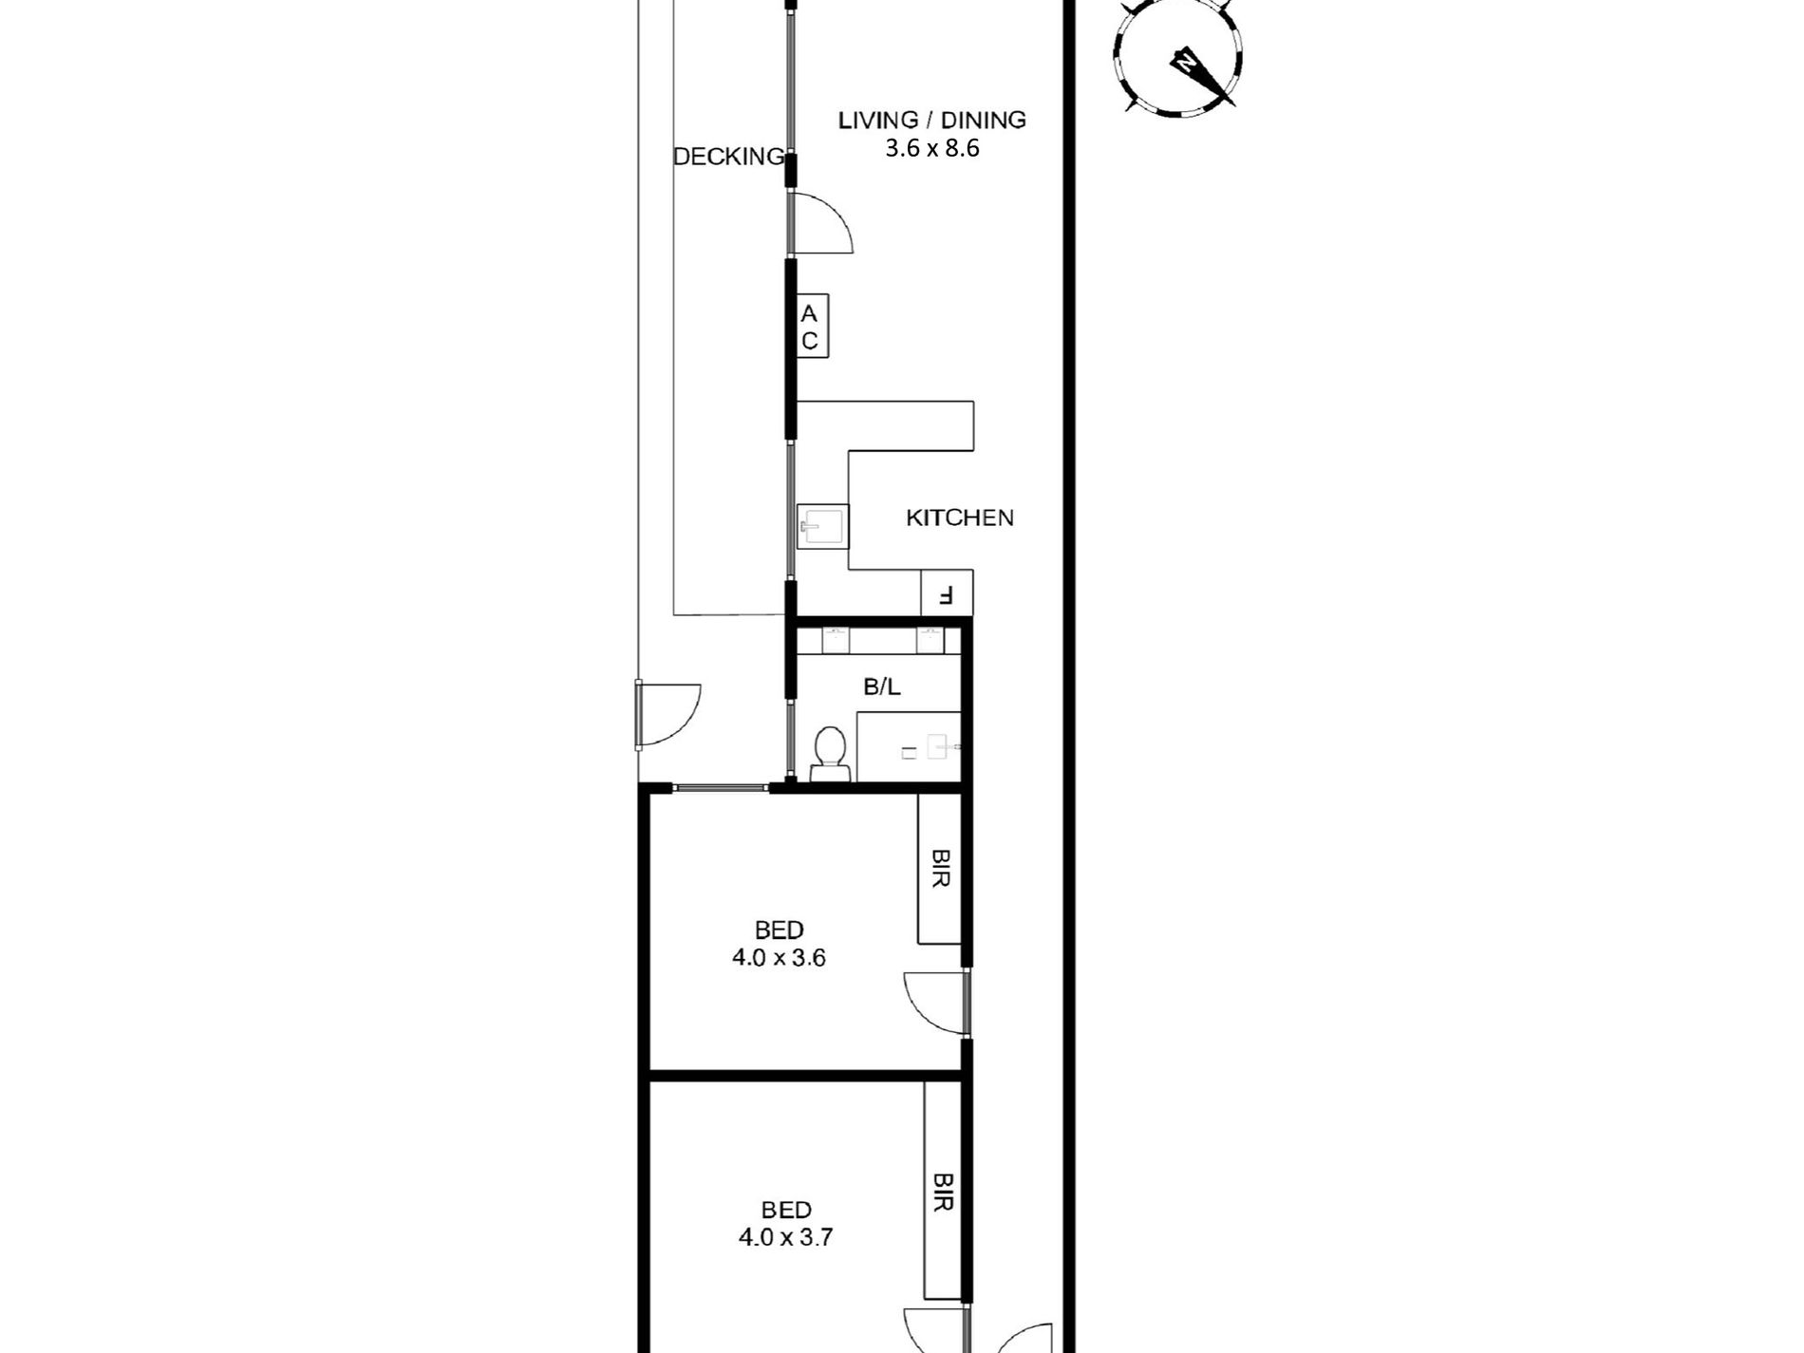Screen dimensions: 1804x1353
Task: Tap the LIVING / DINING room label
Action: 931,120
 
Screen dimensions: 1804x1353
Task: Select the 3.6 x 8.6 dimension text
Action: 931,148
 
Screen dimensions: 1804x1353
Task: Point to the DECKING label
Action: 729,157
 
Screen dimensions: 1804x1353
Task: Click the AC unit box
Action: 812,327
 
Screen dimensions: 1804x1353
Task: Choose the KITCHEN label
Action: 960,517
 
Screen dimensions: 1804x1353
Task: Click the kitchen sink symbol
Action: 822,526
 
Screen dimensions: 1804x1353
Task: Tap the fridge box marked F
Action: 947,593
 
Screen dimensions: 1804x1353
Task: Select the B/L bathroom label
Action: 882,687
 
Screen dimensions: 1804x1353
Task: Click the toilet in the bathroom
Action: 831,754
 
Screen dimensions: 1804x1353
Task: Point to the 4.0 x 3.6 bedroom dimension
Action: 779,958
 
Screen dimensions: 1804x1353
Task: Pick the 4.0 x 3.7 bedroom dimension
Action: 785,1238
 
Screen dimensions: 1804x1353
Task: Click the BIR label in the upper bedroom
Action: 940,868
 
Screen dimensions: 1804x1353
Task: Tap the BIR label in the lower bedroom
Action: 942,1191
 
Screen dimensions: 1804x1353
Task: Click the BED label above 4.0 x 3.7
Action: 786,1210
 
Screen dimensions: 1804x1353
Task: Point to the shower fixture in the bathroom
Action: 909,747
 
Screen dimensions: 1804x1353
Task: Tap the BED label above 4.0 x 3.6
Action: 780,930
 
